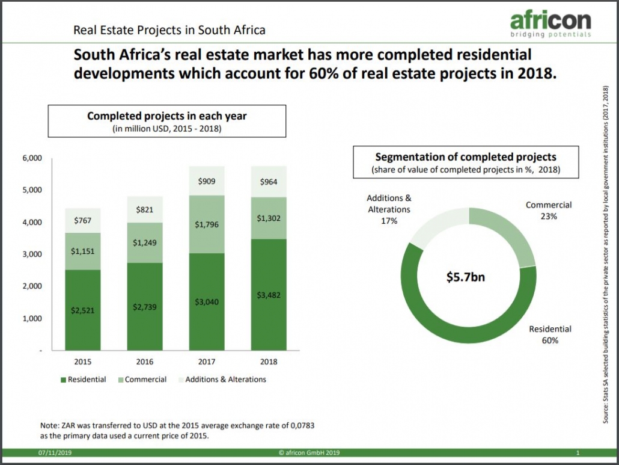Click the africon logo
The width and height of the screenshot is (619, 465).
[x=550, y=24]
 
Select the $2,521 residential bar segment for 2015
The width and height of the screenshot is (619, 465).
[x=82, y=310]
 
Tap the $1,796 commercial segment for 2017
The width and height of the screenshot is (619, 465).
[x=207, y=224]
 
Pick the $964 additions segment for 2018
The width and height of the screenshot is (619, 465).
[x=269, y=182]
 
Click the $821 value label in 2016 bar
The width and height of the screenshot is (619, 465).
[x=144, y=210]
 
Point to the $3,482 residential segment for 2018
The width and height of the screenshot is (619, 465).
[x=269, y=295]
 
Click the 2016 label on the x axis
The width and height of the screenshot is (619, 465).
[x=144, y=362]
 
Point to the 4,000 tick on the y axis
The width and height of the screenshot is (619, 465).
[x=32, y=222]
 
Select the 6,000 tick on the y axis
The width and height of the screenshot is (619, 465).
[x=32, y=158]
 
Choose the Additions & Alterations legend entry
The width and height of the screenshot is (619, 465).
[x=222, y=379]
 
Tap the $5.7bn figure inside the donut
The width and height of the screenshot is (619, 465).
[x=465, y=277]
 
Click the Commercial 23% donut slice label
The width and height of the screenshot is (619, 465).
[x=548, y=211]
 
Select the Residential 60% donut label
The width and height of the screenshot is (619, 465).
[x=550, y=334]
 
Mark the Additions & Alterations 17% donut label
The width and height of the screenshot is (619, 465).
[x=389, y=209]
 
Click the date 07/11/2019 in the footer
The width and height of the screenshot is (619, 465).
[x=55, y=453]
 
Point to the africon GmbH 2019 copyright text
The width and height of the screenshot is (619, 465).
[x=309, y=453]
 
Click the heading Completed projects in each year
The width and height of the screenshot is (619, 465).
[x=166, y=115]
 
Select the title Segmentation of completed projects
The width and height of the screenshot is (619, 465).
[x=465, y=157]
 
